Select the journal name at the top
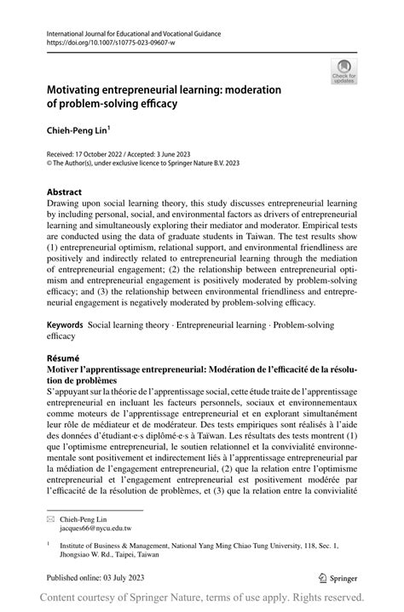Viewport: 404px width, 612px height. pyautogui.click(x=123, y=33)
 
